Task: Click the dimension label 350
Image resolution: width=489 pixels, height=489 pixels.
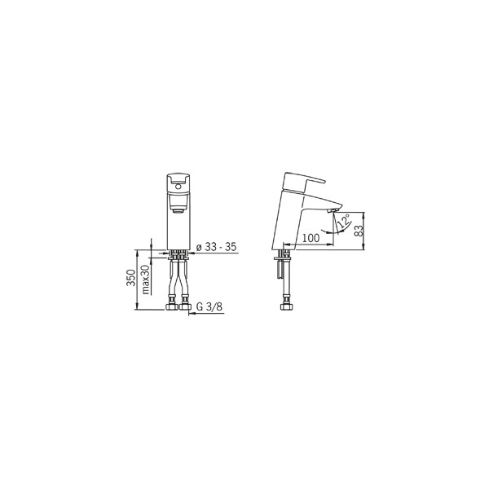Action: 131,277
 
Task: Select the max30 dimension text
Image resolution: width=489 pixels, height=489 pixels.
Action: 146,279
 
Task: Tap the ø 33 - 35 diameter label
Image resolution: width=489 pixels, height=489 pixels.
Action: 216,247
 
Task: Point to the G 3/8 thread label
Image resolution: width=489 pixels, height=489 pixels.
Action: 209,307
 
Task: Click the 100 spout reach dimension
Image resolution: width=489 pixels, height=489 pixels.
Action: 311,238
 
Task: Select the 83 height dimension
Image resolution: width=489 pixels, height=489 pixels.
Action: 359,231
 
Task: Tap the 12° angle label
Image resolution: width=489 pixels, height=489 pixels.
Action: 344,220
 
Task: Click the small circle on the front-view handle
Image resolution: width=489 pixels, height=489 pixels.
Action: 178,187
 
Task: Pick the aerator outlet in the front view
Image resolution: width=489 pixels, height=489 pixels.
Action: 178,210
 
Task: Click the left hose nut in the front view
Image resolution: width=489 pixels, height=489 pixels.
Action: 171,306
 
